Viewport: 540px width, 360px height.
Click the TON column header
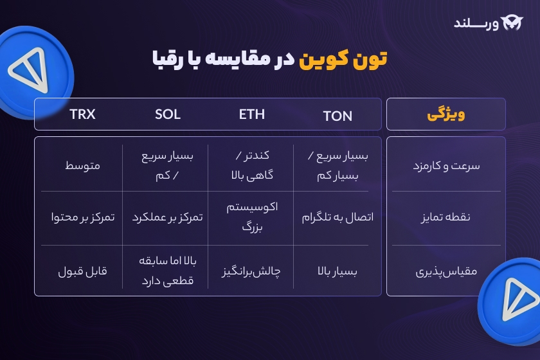(337, 116)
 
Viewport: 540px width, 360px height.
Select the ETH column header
(252, 114)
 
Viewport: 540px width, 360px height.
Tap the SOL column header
(168, 114)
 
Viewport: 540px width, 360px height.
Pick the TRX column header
(82, 114)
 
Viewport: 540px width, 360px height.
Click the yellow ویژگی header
(446, 115)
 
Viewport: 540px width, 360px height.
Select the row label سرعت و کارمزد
(446, 166)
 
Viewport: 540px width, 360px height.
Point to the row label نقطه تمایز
(446, 217)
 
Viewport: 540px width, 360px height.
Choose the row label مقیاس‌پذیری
(446, 271)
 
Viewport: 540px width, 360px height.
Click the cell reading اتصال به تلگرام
(337, 217)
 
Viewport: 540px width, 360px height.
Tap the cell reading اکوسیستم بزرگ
(252, 217)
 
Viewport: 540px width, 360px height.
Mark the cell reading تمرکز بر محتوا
(82, 217)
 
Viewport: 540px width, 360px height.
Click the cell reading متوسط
(82, 166)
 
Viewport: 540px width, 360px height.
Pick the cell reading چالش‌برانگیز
(252, 271)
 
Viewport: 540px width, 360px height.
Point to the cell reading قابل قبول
(82, 271)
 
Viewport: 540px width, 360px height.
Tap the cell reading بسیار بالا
(337, 271)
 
